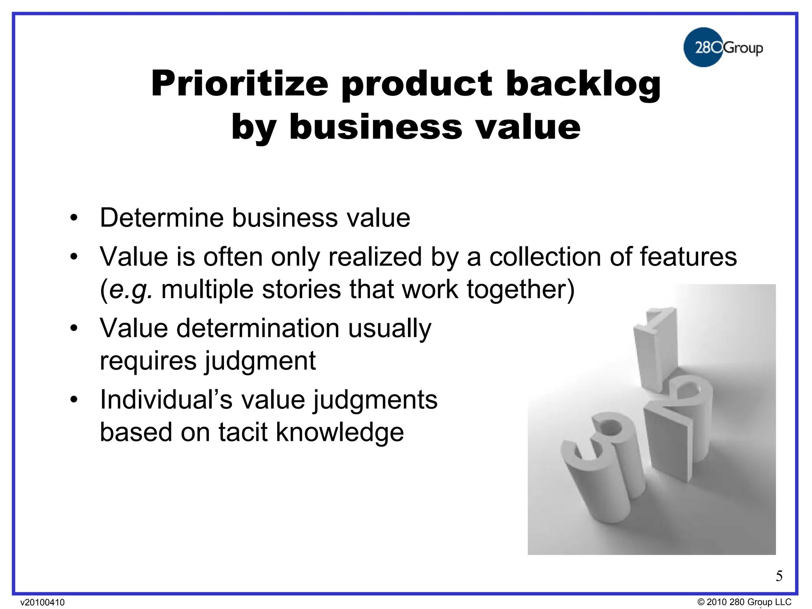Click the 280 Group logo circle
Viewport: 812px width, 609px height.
[x=703, y=47]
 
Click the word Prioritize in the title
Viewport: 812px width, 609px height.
[x=239, y=84]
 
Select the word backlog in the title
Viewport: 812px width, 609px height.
[x=583, y=84]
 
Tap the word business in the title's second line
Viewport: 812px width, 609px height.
[x=375, y=127]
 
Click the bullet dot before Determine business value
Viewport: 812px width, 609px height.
[x=74, y=218]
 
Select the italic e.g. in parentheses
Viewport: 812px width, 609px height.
[x=130, y=289]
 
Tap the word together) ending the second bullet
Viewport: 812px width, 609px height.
[x=521, y=289]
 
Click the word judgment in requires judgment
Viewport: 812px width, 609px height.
[x=260, y=361]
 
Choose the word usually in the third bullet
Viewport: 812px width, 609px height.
[x=389, y=329]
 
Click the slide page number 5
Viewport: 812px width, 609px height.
[x=779, y=576]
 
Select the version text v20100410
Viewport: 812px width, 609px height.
[x=42, y=602]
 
